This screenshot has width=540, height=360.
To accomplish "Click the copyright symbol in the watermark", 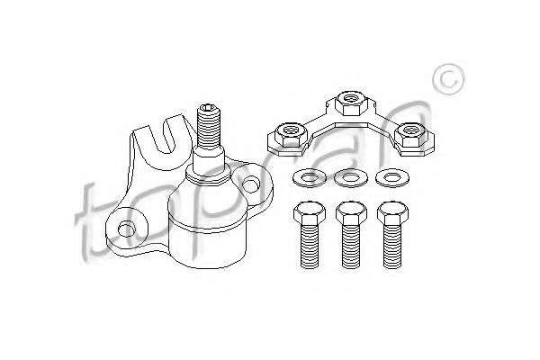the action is pos(448,79).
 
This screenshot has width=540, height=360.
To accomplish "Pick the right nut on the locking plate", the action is pos(409,135).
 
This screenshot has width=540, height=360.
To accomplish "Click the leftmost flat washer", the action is pos(310,178).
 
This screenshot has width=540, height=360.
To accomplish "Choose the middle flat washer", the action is pos(351,178).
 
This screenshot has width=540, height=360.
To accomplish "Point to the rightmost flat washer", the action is pos(391,178).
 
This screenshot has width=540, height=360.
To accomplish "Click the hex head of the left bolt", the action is pos(310,213).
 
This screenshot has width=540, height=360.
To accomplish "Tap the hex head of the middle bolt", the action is pos(351,213).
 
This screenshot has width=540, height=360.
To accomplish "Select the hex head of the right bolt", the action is pos(392,213).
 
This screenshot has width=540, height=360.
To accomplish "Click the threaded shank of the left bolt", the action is pos(310,247).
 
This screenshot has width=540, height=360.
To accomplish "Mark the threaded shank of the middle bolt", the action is pos(351,247).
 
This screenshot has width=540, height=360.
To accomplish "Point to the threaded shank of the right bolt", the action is pos(392,247).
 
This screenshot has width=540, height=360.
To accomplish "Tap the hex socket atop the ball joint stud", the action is pos(209,109).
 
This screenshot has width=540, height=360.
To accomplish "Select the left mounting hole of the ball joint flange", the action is pos(126,228).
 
